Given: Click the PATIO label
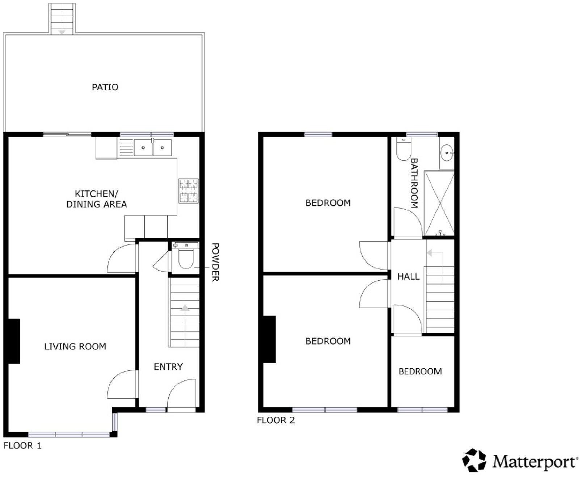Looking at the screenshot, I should point(105,87).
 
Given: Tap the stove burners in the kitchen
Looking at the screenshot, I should point(189,191).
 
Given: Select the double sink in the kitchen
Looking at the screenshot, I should point(153,148).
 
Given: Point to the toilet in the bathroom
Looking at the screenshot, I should point(402,151).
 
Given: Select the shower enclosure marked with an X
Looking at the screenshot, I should point(439,204).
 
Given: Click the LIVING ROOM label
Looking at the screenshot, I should point(75,347).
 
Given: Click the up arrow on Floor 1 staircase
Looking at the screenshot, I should point(185,308).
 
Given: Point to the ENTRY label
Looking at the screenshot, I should point(168,367).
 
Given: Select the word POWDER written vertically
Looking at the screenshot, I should point(215,262).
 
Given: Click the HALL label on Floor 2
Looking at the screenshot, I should point(408,277).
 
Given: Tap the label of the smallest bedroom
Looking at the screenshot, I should point(420,372).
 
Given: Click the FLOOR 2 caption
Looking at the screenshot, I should point(276,420).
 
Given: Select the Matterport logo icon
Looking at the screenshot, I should point(474,461).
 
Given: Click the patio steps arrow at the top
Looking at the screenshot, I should point(62,33).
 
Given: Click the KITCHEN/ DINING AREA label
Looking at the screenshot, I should point(97,199).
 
